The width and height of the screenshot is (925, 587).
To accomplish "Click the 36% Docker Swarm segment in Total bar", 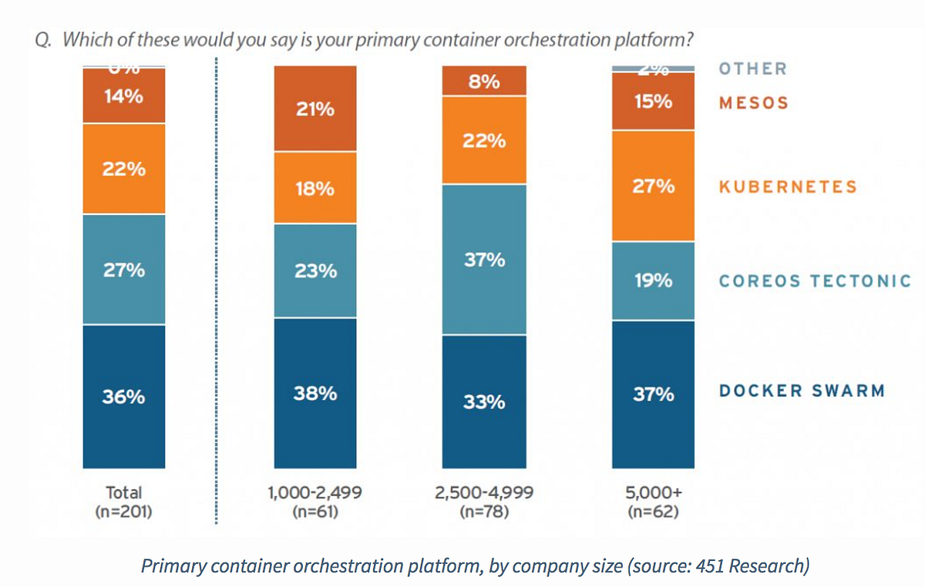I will (124, 397).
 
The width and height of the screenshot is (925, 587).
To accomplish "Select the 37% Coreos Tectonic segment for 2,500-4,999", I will (484, 260).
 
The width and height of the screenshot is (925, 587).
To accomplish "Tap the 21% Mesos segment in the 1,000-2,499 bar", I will (315, 109).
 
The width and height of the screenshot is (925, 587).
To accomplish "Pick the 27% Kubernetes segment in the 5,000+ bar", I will (654, 186).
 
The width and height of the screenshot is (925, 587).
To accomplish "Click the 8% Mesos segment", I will (484, 81).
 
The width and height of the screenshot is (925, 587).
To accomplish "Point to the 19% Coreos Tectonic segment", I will (654, 281).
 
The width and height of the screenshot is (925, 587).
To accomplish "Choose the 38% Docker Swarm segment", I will (315, 393).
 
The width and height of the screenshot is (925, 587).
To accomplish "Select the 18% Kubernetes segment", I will (315, 188).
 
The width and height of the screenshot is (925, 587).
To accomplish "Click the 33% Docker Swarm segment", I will (484, 401).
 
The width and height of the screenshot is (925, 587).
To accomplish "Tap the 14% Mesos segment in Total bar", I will (124, 96).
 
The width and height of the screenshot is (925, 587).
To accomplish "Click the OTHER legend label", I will (753, 69).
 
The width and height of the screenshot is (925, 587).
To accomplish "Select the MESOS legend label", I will (754, 103).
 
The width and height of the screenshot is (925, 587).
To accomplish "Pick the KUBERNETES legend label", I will (788, 186).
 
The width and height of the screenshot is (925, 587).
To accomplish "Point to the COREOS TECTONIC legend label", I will (815, 281).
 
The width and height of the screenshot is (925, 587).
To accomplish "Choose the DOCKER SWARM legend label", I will (802, 391).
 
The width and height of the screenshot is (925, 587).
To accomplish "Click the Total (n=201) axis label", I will (124, 501).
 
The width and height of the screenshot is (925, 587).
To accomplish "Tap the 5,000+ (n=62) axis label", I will (652, 501).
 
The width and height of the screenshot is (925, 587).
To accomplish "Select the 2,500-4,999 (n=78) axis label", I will (483, 501).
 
